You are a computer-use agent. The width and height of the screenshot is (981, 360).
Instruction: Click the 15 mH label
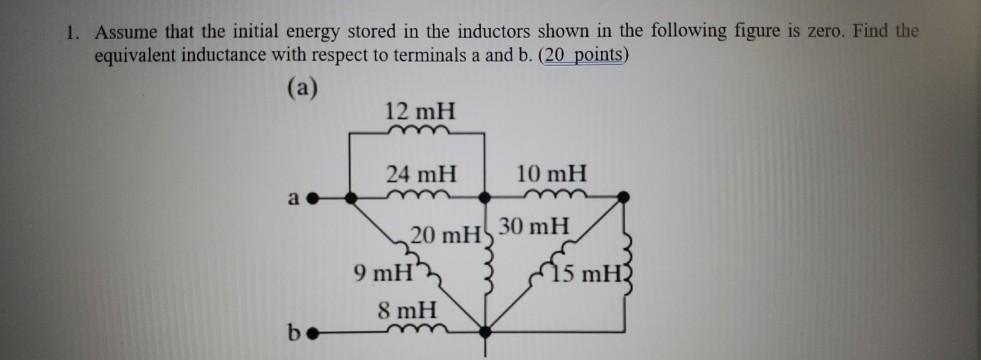point(583,272)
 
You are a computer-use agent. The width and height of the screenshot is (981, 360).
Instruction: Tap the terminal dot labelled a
point(311,197)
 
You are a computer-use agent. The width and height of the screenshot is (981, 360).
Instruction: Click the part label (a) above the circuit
point(301,88)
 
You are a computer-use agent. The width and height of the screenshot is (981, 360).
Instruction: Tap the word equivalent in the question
point(140,55)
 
